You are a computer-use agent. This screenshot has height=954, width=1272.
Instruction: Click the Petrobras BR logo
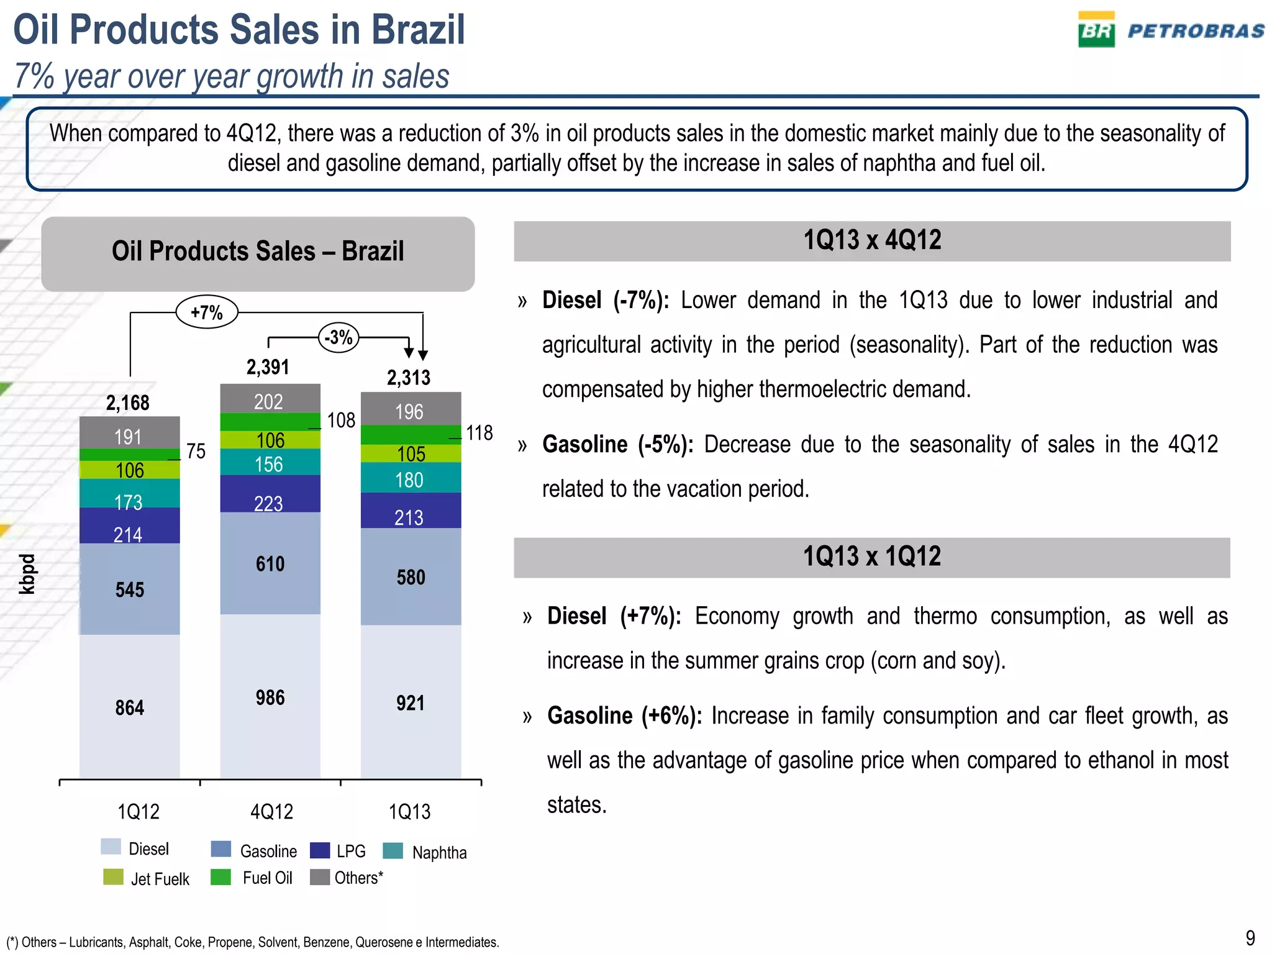tap(1096, 30)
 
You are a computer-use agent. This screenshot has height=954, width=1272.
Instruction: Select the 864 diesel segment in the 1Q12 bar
tap(130, 707)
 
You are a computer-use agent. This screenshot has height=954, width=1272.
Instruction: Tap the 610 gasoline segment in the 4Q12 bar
tap(270, 563)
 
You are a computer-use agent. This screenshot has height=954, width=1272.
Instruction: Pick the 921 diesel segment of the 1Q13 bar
tap(411, 702)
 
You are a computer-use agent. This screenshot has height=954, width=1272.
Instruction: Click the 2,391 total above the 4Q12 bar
tap(268, 367)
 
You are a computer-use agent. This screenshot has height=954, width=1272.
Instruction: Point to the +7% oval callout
tap(207, 312)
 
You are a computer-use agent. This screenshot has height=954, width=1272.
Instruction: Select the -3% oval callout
tap(339, 338)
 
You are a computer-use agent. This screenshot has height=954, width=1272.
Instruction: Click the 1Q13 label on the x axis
tap(409, 811)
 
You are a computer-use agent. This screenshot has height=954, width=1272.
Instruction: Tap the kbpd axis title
tap(27, 574)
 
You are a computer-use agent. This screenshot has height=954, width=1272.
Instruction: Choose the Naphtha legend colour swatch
tap(393, 851)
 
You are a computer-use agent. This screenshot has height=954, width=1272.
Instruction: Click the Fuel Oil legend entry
tap(267, 878)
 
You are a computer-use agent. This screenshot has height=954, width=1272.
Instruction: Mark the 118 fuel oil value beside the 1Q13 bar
tap(479, 433)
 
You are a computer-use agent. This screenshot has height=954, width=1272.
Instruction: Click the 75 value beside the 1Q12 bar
tap(196, 451)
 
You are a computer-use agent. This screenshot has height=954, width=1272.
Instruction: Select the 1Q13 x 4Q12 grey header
tap(872, 241)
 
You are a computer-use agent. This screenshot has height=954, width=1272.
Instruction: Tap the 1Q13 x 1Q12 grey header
tap(872, 557)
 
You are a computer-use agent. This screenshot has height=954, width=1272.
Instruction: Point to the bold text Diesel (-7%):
tap(606, 301)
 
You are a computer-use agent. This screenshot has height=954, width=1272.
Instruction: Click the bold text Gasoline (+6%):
tap(624, 716)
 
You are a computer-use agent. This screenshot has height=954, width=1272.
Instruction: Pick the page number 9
tap(1250, 937)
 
